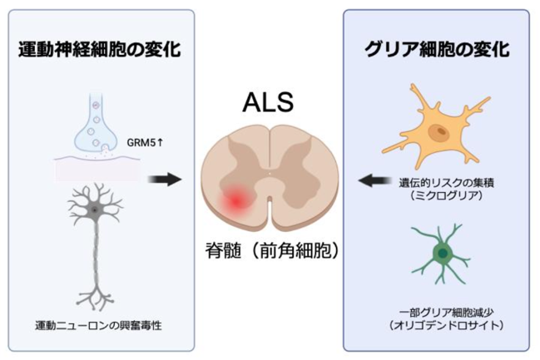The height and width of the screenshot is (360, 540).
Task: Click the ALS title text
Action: point(268,102)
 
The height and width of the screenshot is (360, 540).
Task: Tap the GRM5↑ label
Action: point(145,142)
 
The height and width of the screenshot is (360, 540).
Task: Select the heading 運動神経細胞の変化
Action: point(100,49)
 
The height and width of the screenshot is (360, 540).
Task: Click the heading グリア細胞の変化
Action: point(437,49)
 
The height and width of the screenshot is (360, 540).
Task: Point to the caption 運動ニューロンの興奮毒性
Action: point(98,325)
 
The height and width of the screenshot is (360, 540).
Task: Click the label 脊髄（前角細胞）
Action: point(272,250)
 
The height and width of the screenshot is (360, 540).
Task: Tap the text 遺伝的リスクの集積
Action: point(446,182)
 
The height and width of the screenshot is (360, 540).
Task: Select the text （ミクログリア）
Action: point(446,195)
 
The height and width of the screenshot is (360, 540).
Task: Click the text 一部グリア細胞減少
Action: point(446,312)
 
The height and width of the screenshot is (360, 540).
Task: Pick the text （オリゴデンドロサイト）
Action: point(446,325)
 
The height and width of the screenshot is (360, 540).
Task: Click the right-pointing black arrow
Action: point(165,179)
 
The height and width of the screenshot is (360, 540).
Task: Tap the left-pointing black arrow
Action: point(374,180)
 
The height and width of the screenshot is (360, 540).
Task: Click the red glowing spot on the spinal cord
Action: point(236,200)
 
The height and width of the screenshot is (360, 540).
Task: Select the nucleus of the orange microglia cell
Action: point(438,131)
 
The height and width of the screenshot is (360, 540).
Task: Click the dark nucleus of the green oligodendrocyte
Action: point(443,254)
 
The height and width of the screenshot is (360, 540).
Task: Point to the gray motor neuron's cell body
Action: point(94,210)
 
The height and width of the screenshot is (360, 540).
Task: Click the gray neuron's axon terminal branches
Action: point(96,297)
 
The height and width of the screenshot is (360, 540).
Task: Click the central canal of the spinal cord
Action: point(270,174)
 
